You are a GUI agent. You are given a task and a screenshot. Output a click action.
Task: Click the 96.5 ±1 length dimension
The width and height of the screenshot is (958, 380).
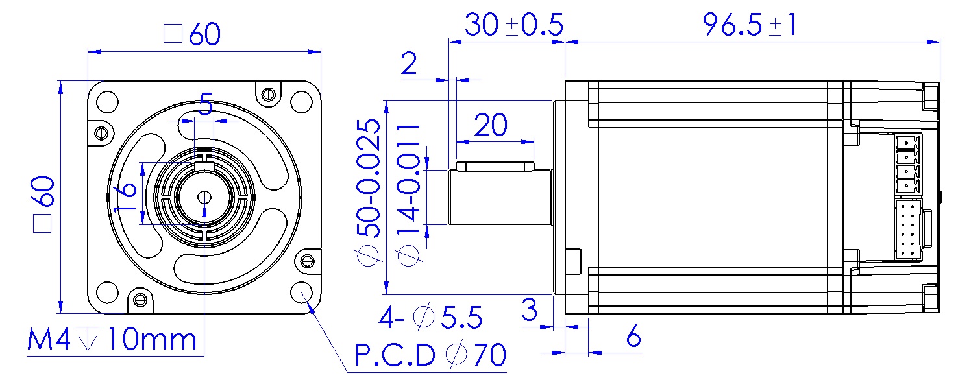click(750, 25)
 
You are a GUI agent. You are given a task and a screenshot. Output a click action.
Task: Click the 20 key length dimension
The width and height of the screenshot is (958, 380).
click(491, 126)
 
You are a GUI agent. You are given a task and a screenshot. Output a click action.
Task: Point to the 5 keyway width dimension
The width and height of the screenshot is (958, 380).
click(205, 105)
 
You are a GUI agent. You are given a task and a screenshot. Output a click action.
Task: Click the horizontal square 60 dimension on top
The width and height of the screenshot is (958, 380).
click(193, 34)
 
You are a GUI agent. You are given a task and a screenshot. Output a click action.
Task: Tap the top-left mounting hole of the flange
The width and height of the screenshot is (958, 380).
click(107, 102)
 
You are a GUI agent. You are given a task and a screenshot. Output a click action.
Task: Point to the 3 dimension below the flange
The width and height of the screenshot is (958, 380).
click(530, 310)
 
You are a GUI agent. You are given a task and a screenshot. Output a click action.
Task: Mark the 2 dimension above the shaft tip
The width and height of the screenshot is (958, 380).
click(409, 64)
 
